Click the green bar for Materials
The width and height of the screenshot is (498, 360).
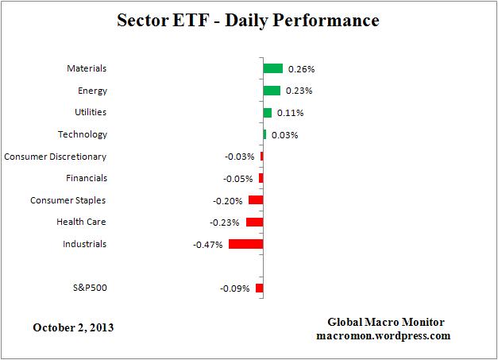pyautogui.click(x=272, y=68)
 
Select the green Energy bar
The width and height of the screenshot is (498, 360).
pyautogui.click(x=272, y=91)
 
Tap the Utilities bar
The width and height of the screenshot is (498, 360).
pyautogui.click(x=267, y=113)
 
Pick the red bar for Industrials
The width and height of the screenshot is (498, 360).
pyautogui.click(x=245, y=244)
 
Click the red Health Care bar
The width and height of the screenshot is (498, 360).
pyautogui.click(x=254, y=222)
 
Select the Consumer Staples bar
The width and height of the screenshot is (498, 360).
pyautogui.click(x=255, y=200)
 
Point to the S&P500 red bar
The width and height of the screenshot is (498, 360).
pyautogui.click(x=259, y=288)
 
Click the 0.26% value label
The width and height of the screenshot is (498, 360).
pyautogui.click(x=301, y=69)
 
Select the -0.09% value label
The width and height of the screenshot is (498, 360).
pyautogui.click(x=234, y=288)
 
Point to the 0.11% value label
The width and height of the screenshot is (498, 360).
pyautogui.click(x=290, y=113)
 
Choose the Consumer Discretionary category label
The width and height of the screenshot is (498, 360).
pyautogui.click(x=55, y=157)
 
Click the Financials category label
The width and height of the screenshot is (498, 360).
pyautogui.click(x=87, y=178)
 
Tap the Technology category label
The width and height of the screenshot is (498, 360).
pyautogui.click(x=83, y=134)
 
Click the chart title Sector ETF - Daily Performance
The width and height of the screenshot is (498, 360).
pyautogui.click(x=249, y=20)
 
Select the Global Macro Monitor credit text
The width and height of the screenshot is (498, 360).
pyautogui.click(x=386, y=322)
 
